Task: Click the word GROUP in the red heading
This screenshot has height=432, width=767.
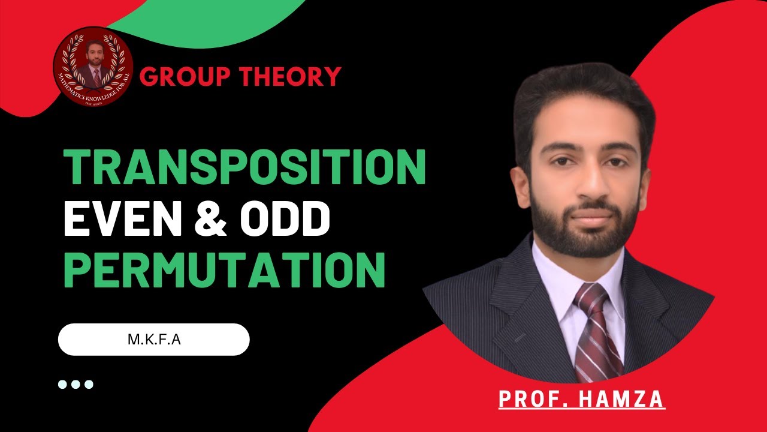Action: pyautogui.click(x=185, y=77)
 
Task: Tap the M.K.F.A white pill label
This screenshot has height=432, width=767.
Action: pyautogui.click(x=153, y=340)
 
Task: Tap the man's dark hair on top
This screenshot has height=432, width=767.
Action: pyautogui.click(x=584, y=96)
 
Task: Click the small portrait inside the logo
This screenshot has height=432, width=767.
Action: pyautogui.click(x=93, y=60)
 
